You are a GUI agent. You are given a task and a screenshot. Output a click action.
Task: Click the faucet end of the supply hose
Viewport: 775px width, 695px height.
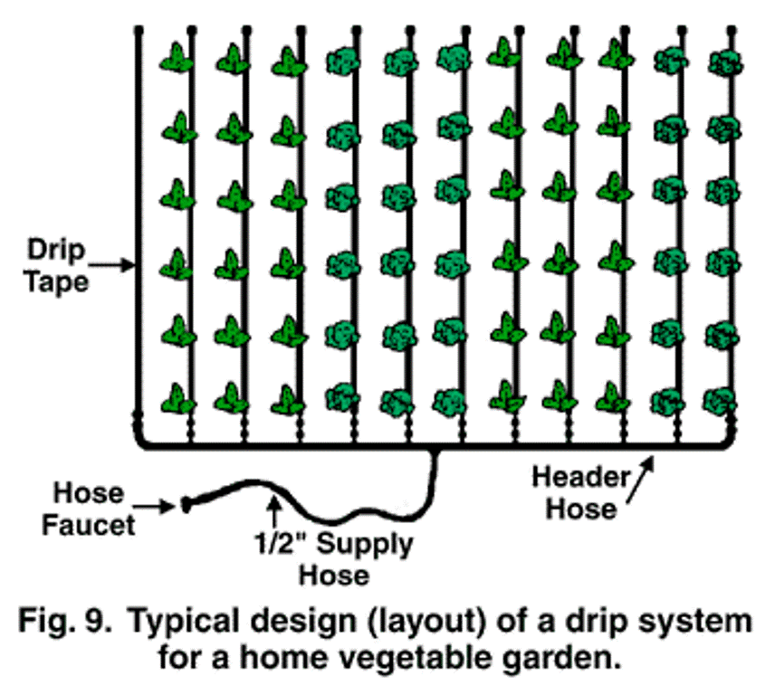(187, 504)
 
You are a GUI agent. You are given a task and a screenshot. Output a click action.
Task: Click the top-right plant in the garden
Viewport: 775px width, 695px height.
(724, 62)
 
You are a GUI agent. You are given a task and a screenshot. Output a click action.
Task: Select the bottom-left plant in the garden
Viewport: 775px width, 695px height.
(178, 398)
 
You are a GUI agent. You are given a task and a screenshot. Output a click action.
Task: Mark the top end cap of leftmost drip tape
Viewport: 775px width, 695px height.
(139, 31)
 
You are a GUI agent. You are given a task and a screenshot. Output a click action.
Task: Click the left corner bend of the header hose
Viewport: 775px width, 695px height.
(140, 441)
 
